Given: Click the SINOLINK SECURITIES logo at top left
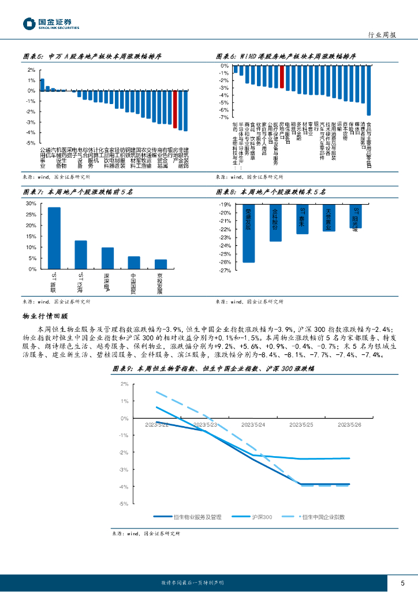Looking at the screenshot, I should (51, 23).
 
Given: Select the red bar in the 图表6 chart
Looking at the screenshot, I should (282, 77).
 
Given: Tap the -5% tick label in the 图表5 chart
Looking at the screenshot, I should (32, 143).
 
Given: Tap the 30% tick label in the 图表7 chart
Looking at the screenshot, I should (31, 204).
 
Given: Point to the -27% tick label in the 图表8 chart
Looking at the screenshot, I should (225, 270).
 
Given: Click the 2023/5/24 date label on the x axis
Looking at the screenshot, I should (253, 424).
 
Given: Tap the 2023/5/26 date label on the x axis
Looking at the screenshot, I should (349, 424).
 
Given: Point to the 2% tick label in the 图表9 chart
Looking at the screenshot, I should (124, 384).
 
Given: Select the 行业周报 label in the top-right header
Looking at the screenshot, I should (382, 35).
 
